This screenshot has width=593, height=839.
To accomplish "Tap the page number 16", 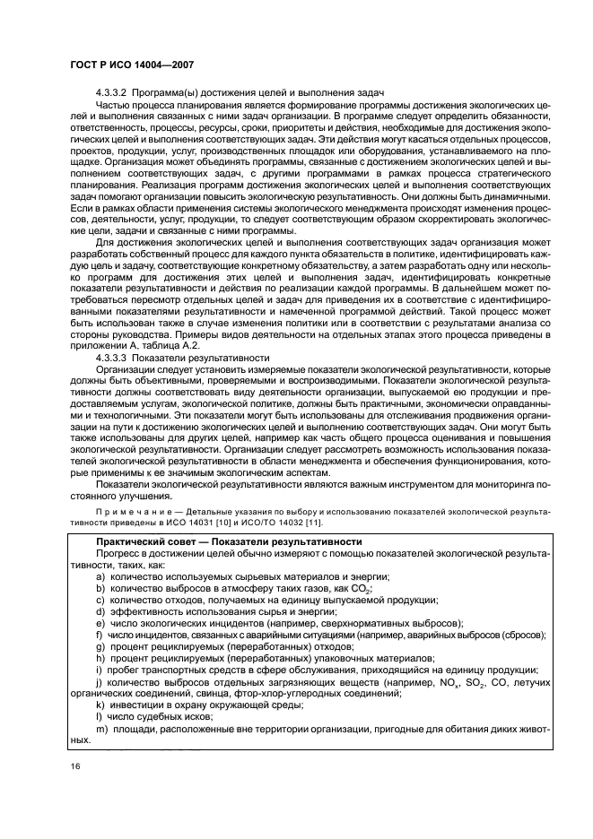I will click(x=72, y=765).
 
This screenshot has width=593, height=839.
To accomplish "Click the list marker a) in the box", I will click(x=100, y=575).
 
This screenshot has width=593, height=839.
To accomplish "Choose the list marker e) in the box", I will click(x=100, y=622).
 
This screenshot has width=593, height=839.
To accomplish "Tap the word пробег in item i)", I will click(x=129, y=669).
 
